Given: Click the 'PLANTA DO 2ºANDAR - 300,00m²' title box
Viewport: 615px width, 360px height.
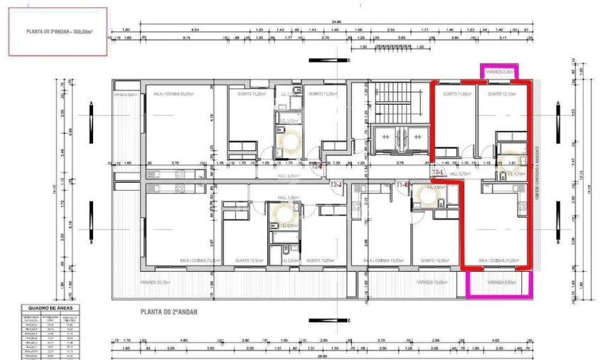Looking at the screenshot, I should pos(58,32).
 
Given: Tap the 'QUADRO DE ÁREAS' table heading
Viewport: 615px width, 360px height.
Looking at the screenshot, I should pos(50,308).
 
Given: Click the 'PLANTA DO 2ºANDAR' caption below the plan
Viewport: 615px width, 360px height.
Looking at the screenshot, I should pos(169,312).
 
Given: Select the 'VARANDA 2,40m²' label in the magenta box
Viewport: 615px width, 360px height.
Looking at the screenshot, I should pos(498,73).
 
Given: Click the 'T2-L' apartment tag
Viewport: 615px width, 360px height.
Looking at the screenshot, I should pos(439,171).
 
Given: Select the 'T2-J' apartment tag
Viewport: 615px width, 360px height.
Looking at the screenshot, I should pos(336,184).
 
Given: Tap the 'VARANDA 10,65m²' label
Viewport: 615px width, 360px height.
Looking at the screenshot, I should pos(432,282).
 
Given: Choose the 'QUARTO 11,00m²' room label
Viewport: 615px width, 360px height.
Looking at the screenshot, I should pos(251,93).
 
